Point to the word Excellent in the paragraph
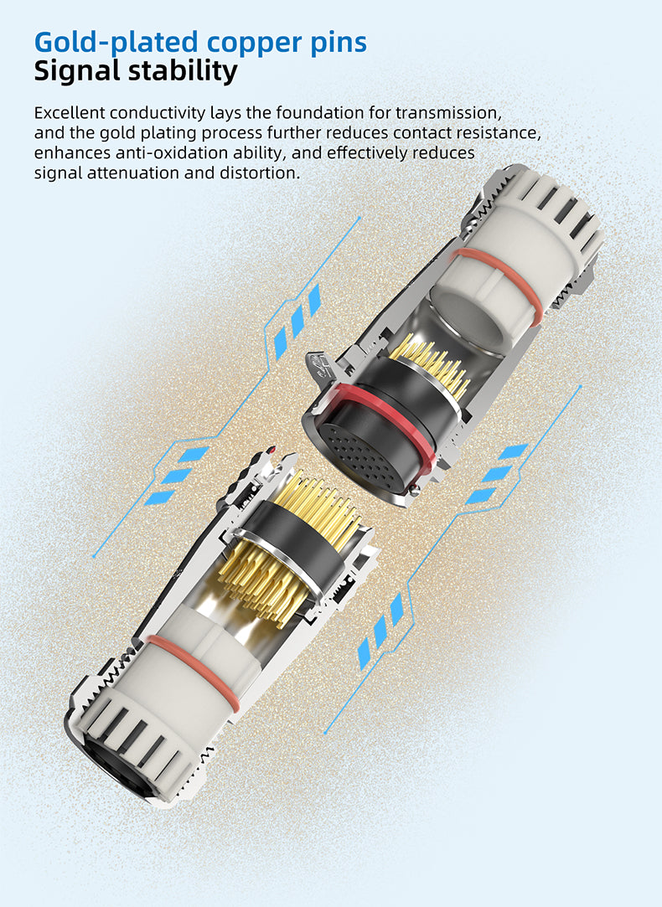70,112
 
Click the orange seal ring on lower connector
194,671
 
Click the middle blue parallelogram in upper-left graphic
297,322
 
